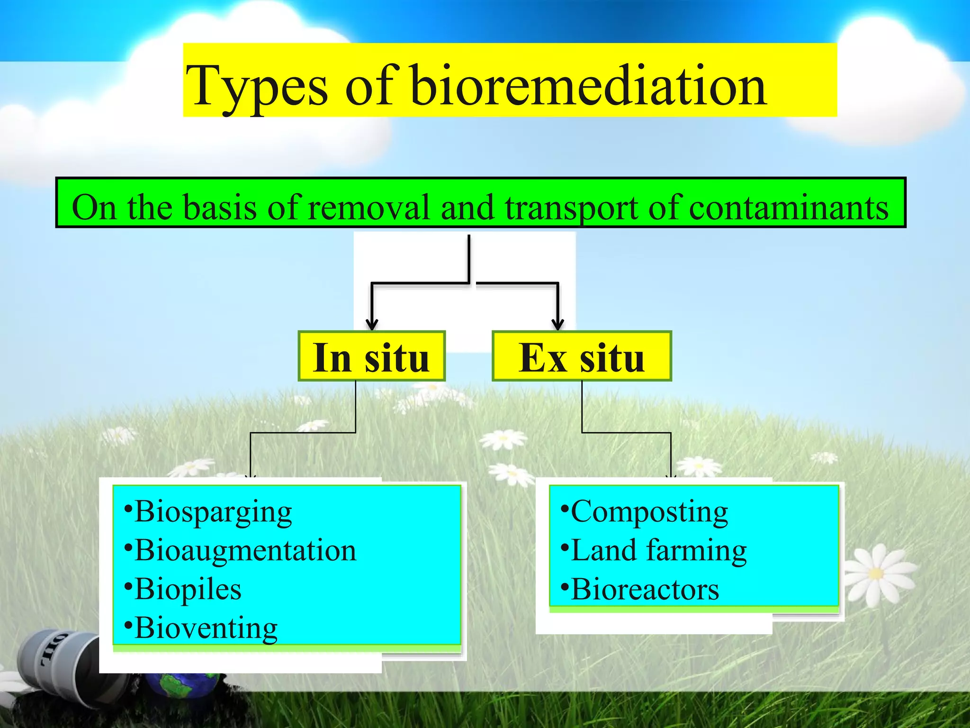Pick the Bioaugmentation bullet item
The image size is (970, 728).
coord(241,551)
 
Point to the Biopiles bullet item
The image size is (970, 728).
coord(184,590)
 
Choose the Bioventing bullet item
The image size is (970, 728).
coord(202,629)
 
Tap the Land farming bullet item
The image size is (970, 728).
coord(654,551)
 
